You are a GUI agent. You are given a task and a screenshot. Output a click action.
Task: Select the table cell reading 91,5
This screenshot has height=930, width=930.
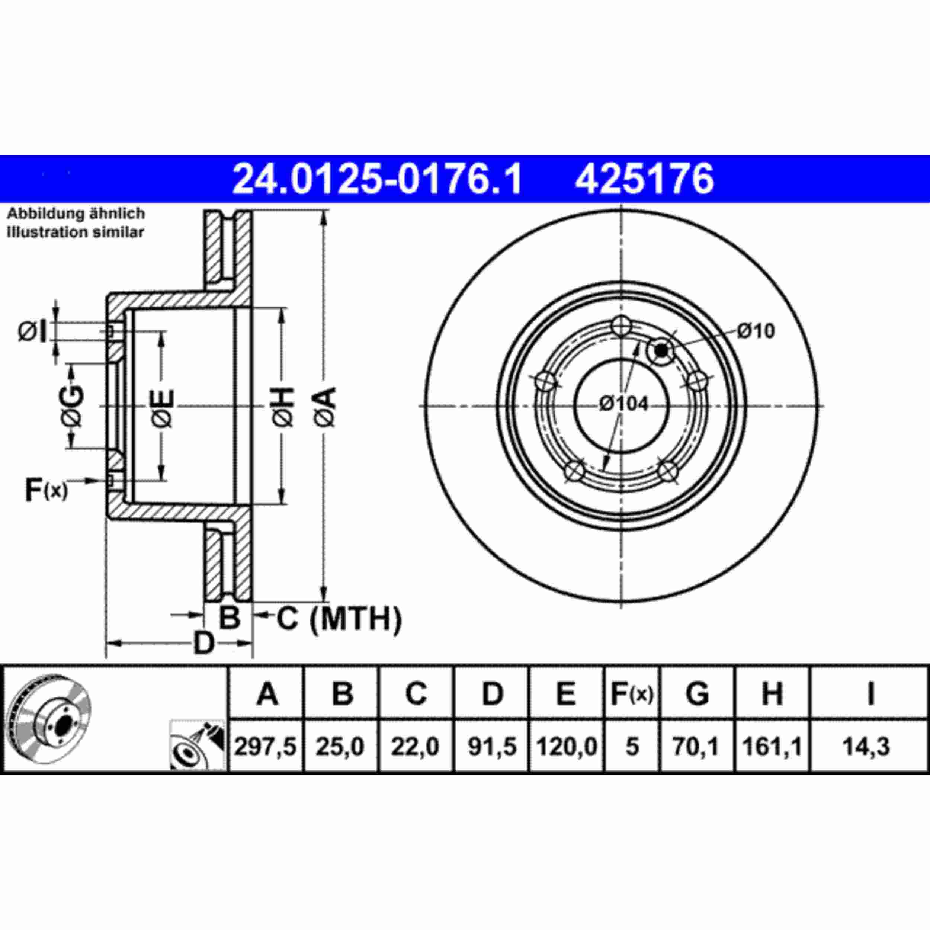tap(492, 747)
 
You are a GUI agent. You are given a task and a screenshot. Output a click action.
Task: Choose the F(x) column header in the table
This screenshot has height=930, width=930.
tap(632, 694)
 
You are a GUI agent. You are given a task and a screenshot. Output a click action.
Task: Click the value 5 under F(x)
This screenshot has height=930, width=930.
tap(632, 747)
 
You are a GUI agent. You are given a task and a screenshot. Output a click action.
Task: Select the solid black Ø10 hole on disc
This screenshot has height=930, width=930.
tap(662, 350)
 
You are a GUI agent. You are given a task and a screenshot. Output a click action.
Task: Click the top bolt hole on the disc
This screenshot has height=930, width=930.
tap(622, 326)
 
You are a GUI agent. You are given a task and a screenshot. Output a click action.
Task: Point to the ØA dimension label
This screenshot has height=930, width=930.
tap(325, 407)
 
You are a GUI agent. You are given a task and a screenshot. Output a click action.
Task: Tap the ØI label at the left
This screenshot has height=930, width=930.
tap(33, 332)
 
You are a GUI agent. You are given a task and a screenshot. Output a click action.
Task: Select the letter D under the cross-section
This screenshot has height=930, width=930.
tap(203, 644)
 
